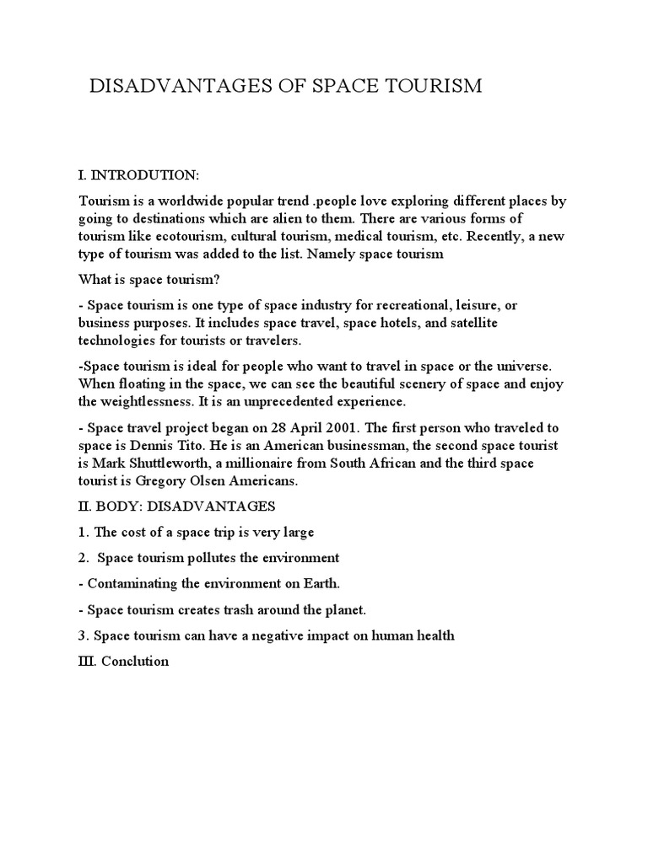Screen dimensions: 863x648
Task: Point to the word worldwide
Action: pyautogui.click(x=189, y=201)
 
